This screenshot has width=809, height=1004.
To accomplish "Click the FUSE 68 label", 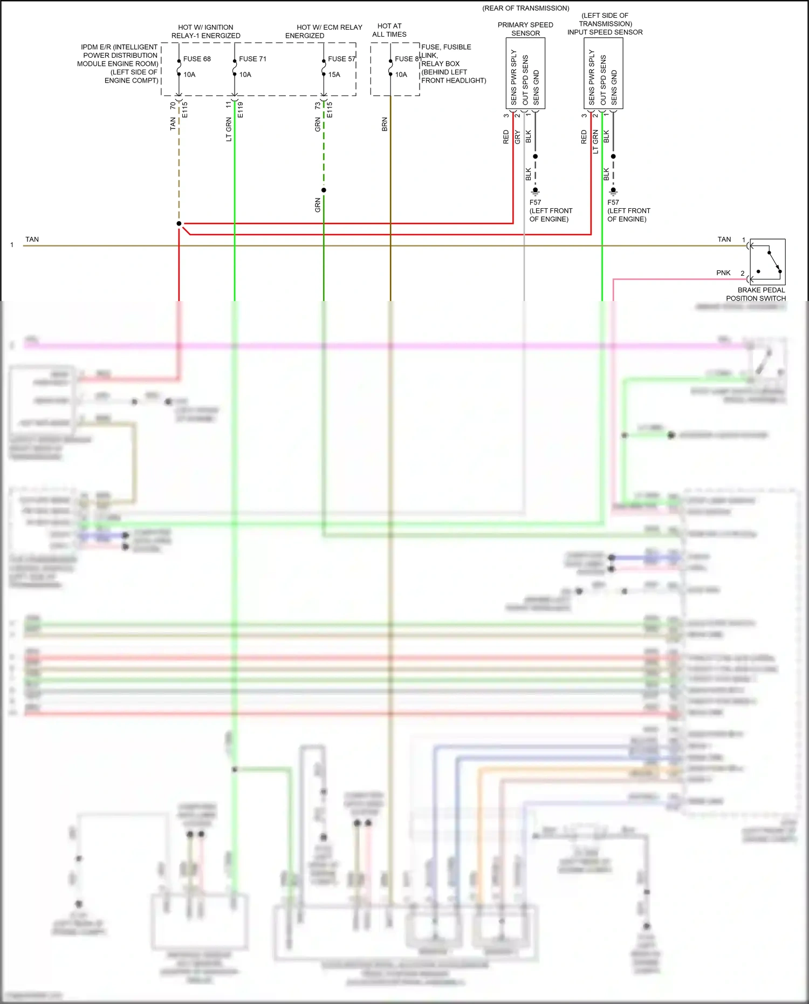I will pos(197,59).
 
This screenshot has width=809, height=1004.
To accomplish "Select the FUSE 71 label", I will pos(252,59).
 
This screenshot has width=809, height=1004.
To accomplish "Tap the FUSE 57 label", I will pos(341,59).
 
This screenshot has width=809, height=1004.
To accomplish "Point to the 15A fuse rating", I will pos(334,74).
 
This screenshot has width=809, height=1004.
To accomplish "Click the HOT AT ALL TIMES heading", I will pos(389,30).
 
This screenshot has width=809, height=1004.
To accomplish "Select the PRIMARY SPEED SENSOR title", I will pos(525,29).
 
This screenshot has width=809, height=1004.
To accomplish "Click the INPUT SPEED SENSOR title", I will pos(605,32).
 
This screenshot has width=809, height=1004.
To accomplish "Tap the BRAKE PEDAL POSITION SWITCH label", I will pos(756,294).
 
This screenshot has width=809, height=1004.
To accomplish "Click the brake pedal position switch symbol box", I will pos(767,262).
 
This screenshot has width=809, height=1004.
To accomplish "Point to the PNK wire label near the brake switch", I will pos(723,273).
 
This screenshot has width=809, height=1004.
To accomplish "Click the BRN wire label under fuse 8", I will pos(385,124).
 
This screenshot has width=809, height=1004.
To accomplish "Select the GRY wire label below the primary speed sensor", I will pos(518,136).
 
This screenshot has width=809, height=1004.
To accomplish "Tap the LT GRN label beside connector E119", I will pos(229,130).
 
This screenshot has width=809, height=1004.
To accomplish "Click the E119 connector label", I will pos(241,110).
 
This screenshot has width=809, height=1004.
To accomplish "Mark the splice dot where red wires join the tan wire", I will pos(179,223).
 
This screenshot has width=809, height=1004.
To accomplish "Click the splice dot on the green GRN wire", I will pos(324,190).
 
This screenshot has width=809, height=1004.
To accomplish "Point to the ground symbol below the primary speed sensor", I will pos(536,191).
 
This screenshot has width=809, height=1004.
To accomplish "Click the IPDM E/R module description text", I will pos(119,64).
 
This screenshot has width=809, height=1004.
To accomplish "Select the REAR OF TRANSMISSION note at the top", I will pos(526,8).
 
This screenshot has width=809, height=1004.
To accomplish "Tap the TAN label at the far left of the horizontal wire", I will pos(32,240).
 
